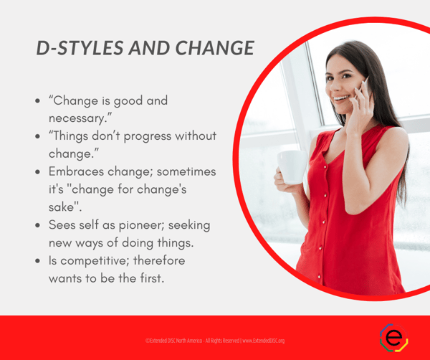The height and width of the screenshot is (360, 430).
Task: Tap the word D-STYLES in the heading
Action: tap(75, 48)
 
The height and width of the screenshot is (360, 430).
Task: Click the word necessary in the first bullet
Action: tap(77, 118)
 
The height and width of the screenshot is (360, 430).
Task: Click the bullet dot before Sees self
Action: tap(37, 224)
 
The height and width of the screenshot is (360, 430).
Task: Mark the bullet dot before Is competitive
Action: tap(37, 260)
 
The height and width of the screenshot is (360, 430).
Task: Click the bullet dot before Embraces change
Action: tap(37, 173)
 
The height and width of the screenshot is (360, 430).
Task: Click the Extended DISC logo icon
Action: tap(393, 337)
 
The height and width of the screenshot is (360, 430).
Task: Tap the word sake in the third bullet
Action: tap(64, 207)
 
